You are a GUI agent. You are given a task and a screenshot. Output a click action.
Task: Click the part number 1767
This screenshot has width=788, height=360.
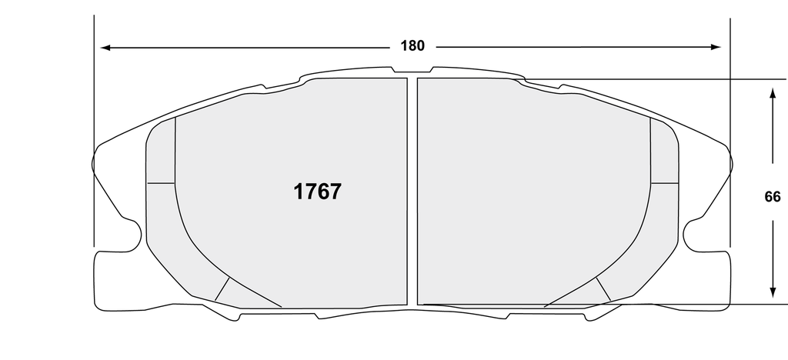[x=317, y=192]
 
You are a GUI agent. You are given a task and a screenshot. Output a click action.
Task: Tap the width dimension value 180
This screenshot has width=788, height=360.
[x=412, y=46]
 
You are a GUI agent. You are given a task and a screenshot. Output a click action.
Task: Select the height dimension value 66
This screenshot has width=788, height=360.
[x=773, y=198]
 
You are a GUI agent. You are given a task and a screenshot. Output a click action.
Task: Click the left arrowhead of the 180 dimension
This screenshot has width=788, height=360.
[x=105, y=48]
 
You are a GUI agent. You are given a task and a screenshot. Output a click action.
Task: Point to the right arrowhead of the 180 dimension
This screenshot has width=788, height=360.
[x=716, y=47]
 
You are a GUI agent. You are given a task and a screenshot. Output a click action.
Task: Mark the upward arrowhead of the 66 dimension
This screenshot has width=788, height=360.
[x=773, y=93]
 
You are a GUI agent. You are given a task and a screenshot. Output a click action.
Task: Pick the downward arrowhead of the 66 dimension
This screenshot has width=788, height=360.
[x=773, y=293]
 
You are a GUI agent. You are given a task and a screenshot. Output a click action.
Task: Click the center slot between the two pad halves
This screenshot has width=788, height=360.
[x=412, y=192]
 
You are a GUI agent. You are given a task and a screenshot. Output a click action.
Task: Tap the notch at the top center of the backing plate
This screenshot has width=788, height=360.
[x=412, y=69]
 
